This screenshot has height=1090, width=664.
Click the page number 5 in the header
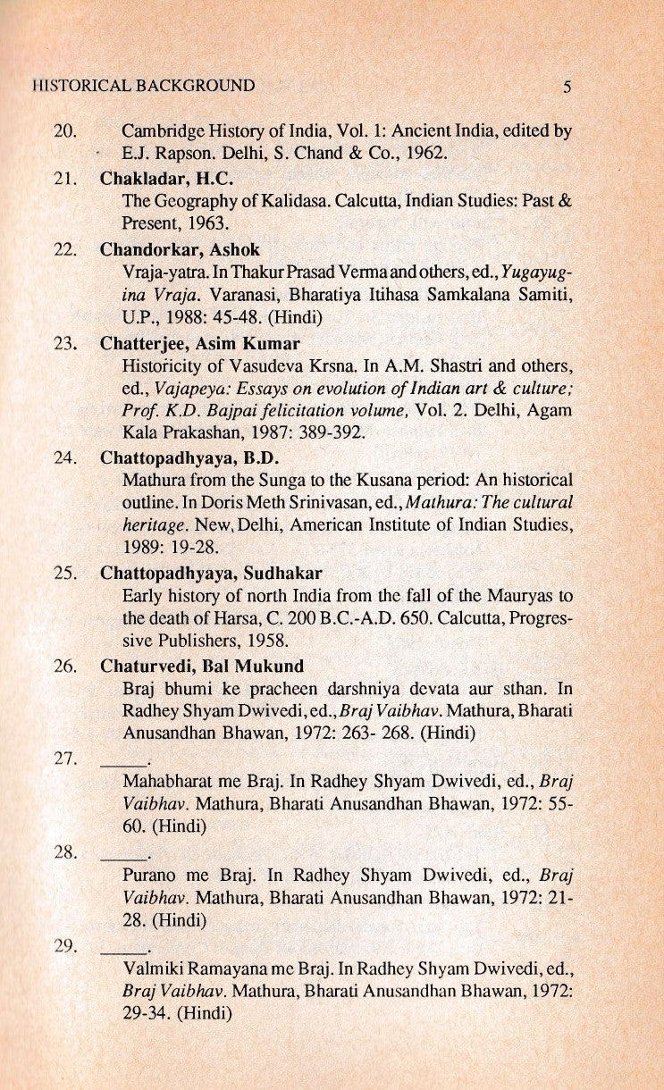pyautogui.click(x=567, y=87)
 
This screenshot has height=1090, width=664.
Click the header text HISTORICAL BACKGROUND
pyautogui.click(x=142, y=86)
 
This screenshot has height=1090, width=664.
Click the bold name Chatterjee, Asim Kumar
pyautogui.click(x=200, y=343)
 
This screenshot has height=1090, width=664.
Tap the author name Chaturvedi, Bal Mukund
pyautogui.click(x=202, y=666)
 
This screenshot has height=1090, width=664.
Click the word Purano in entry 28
pyautogui.click(x=147, y=875)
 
